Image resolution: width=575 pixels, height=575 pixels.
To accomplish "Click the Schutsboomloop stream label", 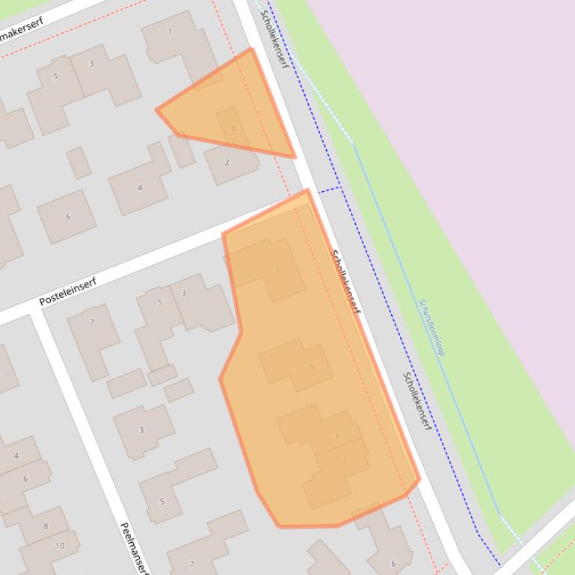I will [432, 328].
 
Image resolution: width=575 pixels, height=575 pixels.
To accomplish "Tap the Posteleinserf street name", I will [68, 290].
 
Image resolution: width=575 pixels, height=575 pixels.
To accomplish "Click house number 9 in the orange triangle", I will [233, 129].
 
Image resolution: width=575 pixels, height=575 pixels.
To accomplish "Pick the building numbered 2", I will [227, 162].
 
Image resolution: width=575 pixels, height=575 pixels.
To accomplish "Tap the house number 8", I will [45, 526].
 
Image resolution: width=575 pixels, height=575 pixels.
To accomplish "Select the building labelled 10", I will [60, 545].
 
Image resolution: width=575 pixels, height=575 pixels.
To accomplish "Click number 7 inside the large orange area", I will [277, 270].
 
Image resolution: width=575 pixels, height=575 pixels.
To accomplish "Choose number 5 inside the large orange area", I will [312, 367].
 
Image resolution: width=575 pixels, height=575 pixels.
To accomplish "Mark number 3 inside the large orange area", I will [336, 436].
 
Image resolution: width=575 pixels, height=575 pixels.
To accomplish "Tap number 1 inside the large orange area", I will [345, 461].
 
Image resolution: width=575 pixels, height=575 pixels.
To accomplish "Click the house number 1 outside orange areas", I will [170, 32].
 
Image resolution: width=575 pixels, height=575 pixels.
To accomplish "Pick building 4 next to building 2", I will [139, 187].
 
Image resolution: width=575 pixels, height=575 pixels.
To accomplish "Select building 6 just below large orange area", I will [393, 563].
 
